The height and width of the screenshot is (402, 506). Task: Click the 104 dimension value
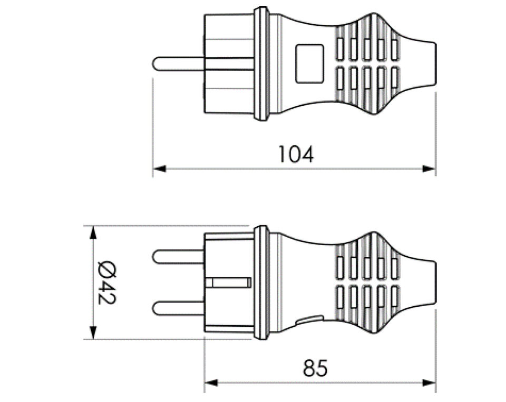[296, 155]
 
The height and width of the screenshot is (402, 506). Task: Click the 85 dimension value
[315, 367]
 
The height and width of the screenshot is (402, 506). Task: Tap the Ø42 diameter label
[106, 283]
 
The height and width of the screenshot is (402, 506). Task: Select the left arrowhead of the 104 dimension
[159, 168]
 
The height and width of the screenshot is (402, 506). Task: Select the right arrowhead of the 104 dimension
[429, 168]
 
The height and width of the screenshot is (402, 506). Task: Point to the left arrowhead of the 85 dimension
[211, 383]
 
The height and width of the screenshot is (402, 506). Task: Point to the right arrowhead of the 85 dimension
[429, 383]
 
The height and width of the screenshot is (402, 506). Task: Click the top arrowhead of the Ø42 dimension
[93, 233]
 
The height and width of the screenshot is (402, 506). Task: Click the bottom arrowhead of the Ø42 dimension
[93, 333]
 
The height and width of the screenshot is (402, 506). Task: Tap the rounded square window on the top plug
[309, 64]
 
